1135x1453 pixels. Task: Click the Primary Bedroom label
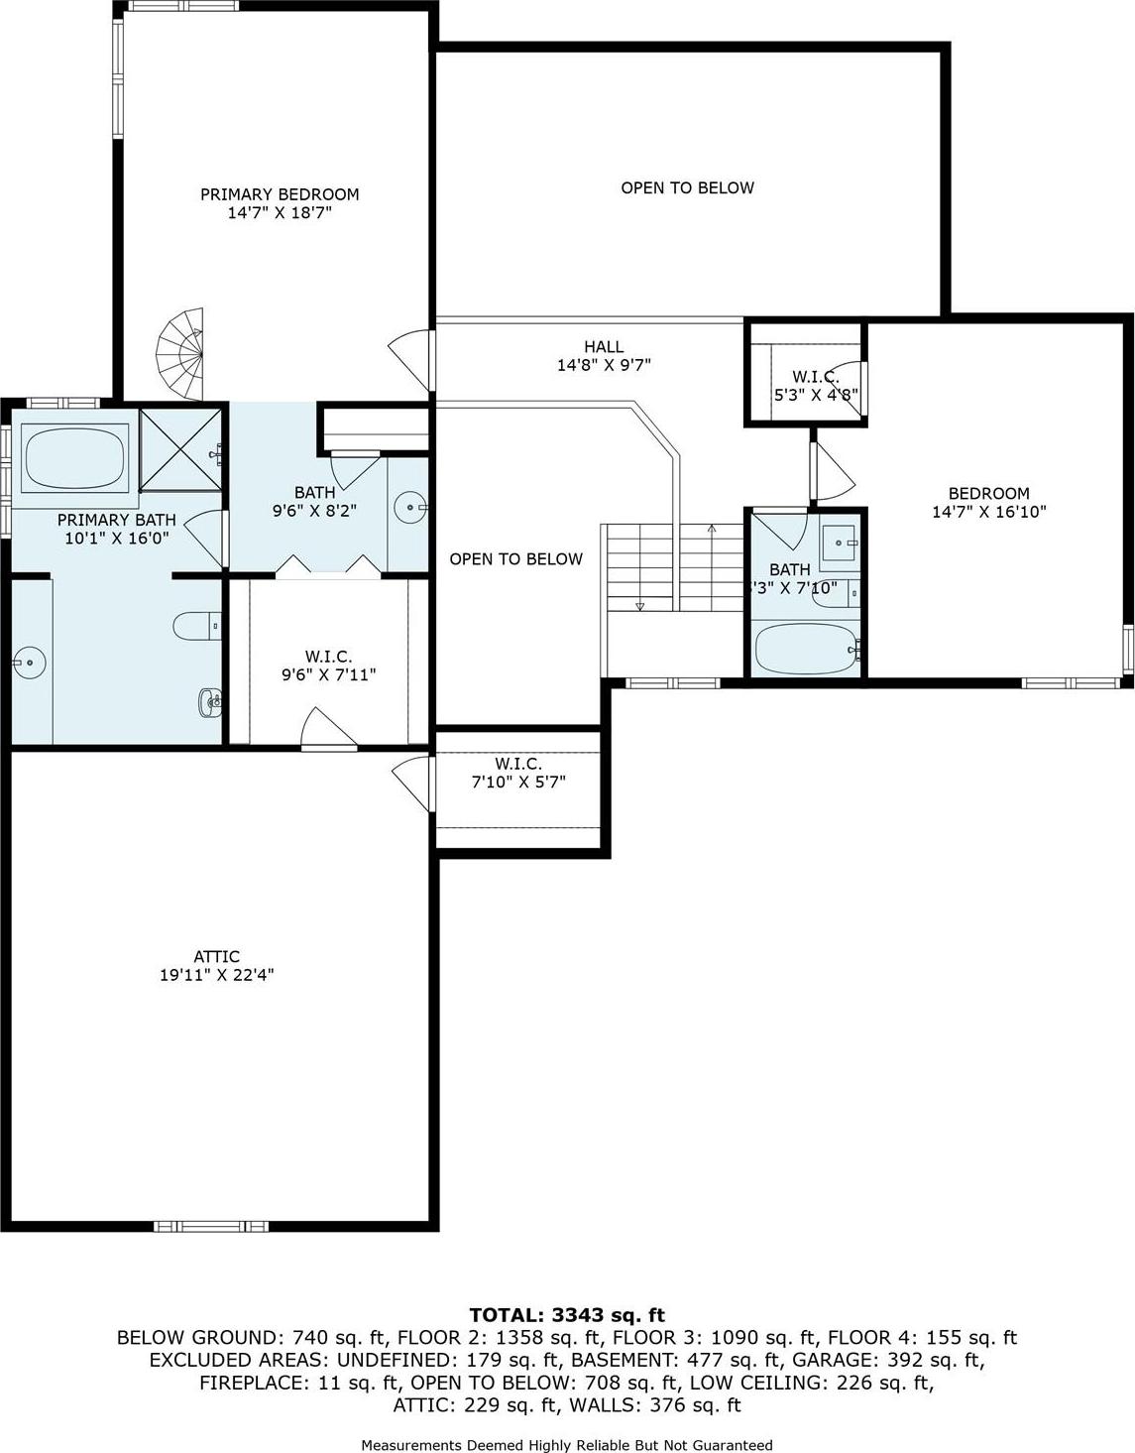point(280,194)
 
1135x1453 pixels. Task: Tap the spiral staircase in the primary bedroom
point(182,353)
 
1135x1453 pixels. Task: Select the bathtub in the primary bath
point(75,458)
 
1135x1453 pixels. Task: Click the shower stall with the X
point(181,448)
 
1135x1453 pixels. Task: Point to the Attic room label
point(216,957)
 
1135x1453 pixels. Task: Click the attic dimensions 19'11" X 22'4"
point(216,976)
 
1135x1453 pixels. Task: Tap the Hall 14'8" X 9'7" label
point(603,355)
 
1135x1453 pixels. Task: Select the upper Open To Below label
point(687,188)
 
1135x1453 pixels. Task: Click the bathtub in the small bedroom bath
point(804,650)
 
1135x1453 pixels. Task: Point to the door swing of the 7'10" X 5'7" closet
point(412,784)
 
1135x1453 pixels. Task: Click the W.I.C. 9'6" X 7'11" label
point(328,666)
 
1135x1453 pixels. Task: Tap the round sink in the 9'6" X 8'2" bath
point(407,508)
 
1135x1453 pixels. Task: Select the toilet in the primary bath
point(194,627)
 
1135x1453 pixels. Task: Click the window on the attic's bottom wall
point(211,1226)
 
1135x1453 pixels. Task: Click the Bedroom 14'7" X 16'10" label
point(988,502)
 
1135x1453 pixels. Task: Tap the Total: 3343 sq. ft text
point(566,1315)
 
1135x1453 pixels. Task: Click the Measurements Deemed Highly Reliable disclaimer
point(566,1445)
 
